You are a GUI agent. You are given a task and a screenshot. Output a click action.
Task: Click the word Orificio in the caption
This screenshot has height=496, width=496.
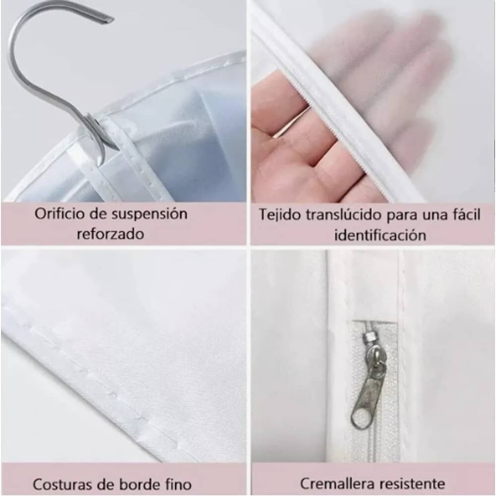pyautogui.click(x=59, y=214)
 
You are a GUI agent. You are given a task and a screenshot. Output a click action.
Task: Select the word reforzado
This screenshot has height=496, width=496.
pyautogui.click(x=111, y=234)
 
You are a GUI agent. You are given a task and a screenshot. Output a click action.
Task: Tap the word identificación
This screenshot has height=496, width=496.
pyautogui.click(x=380, y=235)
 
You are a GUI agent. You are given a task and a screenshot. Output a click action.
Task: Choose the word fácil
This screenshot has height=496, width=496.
pyautogui.click(x=465, y=214)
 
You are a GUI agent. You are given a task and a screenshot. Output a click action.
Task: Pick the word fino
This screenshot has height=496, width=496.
pyautogui.click(x=179, y=485)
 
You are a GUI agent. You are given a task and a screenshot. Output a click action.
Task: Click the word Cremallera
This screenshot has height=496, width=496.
pyautogui.click(x=337, y=484)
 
